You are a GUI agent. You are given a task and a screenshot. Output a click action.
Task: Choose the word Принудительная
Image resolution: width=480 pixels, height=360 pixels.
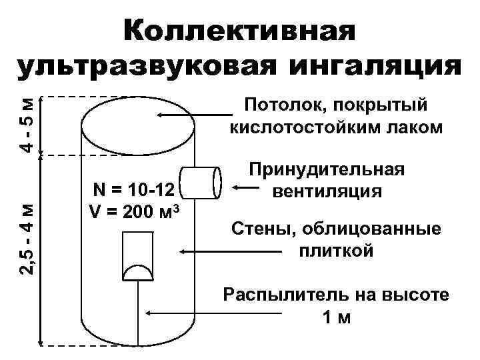click(x=327, y=170)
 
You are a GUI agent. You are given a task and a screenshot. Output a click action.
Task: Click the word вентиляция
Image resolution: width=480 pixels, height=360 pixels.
click(x=327, y=191)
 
